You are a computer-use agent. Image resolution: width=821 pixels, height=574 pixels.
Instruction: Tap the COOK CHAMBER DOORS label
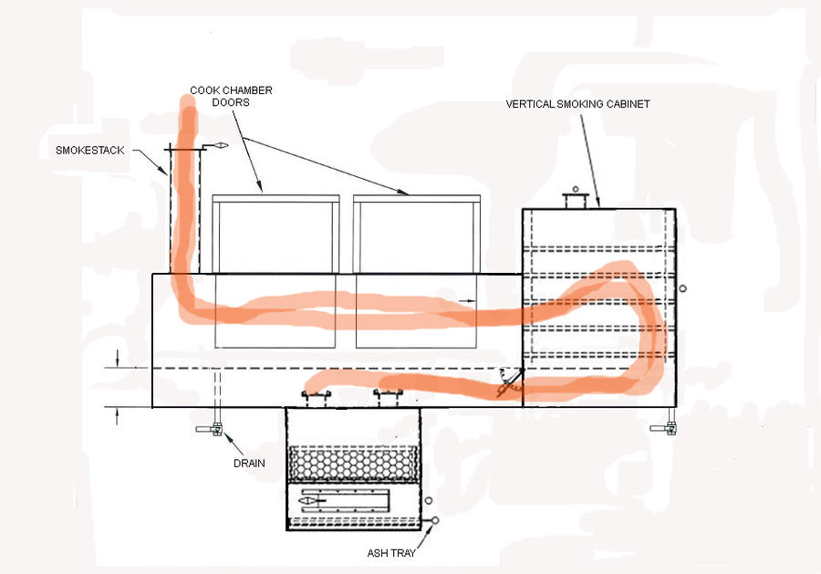pyautogui.click(x=231, y=96)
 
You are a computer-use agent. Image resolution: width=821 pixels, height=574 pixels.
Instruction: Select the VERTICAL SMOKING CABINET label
pyautogui.click(x=577, y=104)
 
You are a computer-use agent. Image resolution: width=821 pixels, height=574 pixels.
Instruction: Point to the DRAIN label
pyautogui.click(x=248, y=463)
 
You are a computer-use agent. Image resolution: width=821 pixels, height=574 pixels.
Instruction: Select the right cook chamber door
pyautogui.click(x=415, y=234)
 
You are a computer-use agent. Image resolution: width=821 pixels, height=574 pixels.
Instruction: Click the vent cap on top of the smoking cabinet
pyautogui.click(x=575, y=198)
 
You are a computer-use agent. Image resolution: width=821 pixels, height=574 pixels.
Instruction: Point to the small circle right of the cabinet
pyautogui.click(x=683, y=288)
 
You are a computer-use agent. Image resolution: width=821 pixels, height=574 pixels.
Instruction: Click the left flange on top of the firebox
pyautogui.click(x=317, y=395)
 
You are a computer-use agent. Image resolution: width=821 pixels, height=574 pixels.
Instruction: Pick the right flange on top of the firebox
pyautogui.click(x=388, y=395)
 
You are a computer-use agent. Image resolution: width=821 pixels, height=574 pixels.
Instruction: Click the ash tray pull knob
pyautogui.click(x=433, y=521)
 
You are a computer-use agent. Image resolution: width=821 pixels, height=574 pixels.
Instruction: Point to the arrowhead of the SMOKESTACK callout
pyautogui.click(x=166, y=174)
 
